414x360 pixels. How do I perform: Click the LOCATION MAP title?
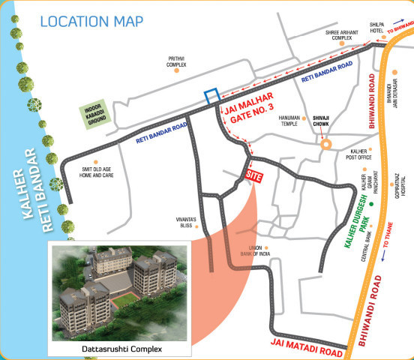point(91,19)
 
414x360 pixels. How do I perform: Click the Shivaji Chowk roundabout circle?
point(325,147)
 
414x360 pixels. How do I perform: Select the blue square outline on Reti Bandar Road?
point(213,97)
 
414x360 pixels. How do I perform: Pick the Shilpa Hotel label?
point(376,28)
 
